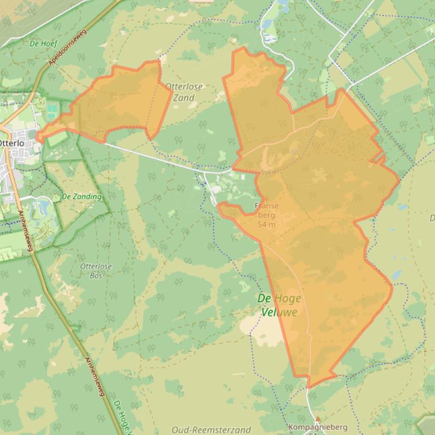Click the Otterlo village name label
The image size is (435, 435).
11,143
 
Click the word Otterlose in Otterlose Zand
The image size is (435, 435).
184,87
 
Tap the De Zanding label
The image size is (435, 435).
81,197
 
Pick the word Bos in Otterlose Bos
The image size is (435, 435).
96,275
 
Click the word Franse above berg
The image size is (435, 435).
266,206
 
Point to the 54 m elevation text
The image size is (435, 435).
266,224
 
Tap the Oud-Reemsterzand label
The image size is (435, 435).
211,430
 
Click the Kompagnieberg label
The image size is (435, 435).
317,427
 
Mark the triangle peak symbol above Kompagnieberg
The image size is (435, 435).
317,419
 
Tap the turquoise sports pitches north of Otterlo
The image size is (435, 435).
53,110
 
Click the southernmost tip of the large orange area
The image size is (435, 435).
309,387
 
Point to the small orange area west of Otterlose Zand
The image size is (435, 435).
113,105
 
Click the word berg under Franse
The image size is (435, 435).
266,215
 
